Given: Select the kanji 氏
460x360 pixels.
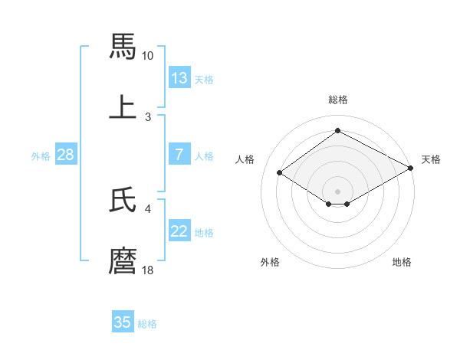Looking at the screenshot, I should pyautogui.click(x=123, y=200).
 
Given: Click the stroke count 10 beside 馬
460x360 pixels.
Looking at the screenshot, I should pyautogui.click(x=148, y=56).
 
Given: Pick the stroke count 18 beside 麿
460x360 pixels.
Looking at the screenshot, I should pyautogui.click(x=148, y=270).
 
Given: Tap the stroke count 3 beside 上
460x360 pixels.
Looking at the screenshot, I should pyautogui.click(x=148, y=116).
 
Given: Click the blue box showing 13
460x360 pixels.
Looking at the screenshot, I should pyautogui.click(x=179, y=78).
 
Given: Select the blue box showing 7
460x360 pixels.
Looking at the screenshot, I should pyautogui.click(x=179, y=155).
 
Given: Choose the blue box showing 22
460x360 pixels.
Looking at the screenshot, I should pyautogui.click(x=179, y=231).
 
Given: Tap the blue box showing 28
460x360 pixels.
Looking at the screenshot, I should pyautogui.click(x=66, y=155).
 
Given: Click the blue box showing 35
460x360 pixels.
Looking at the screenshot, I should pyautogui.click(x=123, y=322).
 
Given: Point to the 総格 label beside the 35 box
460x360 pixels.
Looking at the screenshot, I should pyautogui.click(x=147, y=324).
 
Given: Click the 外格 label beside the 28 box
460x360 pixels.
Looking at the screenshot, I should pyautogui.click(x=41, y=156).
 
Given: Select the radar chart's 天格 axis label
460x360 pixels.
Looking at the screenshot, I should pyautogui.click(x=431, y=159).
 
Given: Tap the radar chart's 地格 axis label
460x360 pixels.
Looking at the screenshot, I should pyautogui.click(x=402, y=263).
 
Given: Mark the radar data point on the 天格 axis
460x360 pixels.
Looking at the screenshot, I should pyautogui.click(x=412, y=169).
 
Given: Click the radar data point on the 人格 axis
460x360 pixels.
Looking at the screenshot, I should pyautogui.click(x=280, y=173).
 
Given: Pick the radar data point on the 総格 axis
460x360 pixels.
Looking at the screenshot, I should pyautogui.click(x=337, y=131).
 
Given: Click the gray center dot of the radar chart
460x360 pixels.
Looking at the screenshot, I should pyautogui.click(x=337, y=191).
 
